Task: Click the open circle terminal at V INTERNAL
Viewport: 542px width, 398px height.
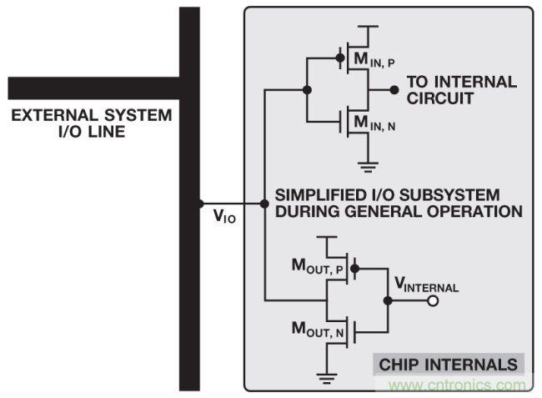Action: tap(433, 301)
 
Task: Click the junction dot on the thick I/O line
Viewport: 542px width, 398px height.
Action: tap(200, 204)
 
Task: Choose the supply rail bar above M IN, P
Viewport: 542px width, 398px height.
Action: tap(367, 27)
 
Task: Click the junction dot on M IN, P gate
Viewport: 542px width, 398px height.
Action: tap(340, 58)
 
